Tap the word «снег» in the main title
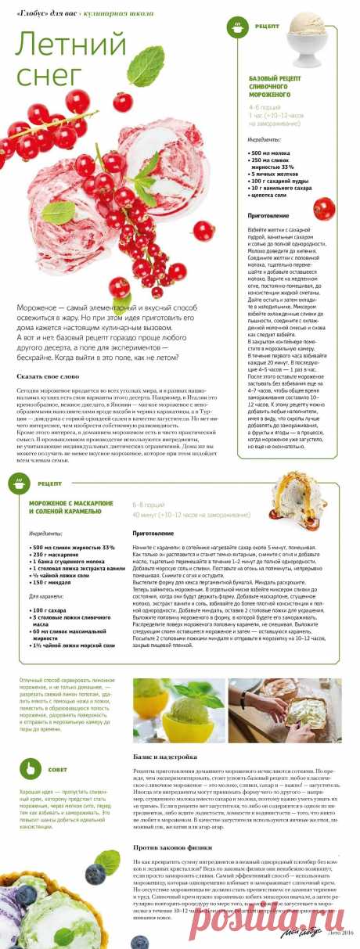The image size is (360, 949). [x=48, y=74]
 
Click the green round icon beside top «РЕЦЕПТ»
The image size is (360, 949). [x=237, y=28]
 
